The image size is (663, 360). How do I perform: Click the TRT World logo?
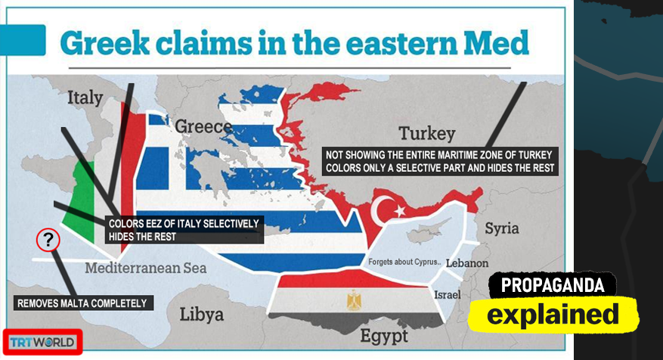[42, 342]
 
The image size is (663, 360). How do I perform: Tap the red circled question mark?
[48, 241]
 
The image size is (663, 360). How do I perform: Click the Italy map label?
[85, 98]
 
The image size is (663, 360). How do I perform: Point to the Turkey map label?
[427, 134]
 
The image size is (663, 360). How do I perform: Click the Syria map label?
[502, 228]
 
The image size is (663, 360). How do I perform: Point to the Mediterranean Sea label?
[146, 268]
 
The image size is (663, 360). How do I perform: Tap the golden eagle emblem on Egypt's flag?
[354, 301]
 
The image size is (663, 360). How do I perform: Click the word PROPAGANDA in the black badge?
[552, 285]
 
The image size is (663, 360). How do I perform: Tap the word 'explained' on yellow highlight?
[552, 314]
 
